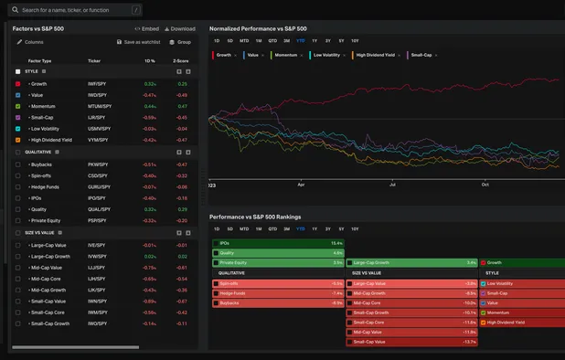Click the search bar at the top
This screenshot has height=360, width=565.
pos(73,10)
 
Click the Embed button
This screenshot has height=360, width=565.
pos(146,28)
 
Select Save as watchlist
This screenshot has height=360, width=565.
pos(138,42)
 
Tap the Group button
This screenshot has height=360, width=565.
pos(179,42)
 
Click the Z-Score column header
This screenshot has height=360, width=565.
pos(180,60)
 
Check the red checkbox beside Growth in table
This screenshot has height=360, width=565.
pos(18,83)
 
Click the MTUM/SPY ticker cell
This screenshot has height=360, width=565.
pos(100,106)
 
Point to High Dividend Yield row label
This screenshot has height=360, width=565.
pos(53,140)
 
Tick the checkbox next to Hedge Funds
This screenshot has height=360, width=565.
pos(18,186)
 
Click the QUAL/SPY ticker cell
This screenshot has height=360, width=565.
pos(100,208)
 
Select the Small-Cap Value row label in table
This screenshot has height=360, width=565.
pos(49,301)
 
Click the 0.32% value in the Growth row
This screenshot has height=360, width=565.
pos(150,83)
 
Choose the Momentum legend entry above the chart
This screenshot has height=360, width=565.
pos(289,55)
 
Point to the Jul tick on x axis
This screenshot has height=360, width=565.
pos(392,184)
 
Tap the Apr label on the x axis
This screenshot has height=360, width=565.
pos(300,184)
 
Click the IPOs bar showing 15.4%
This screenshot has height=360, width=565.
pos(278,243)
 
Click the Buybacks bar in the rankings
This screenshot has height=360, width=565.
pos(278,302)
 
